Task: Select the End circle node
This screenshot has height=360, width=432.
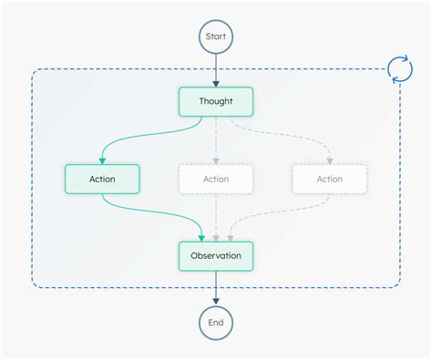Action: [x=216, y=322]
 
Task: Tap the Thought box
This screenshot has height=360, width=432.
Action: [x=216, y=101]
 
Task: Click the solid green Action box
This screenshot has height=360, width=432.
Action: [x=102, y=179]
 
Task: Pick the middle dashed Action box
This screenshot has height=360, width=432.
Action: [x=216, y=179]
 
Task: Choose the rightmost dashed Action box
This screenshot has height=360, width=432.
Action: [x=329, y=179]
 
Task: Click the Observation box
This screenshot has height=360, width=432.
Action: [x=216, y=255]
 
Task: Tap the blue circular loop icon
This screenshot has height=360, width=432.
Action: [x=399, y=69]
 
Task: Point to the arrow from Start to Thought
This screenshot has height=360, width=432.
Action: [x=216, y=69]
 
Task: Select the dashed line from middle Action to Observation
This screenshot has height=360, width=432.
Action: [x=216, y=215]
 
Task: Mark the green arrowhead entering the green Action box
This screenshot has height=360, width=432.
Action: [x=102, y=159]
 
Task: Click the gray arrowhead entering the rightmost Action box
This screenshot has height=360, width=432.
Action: [x=329, y=159]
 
